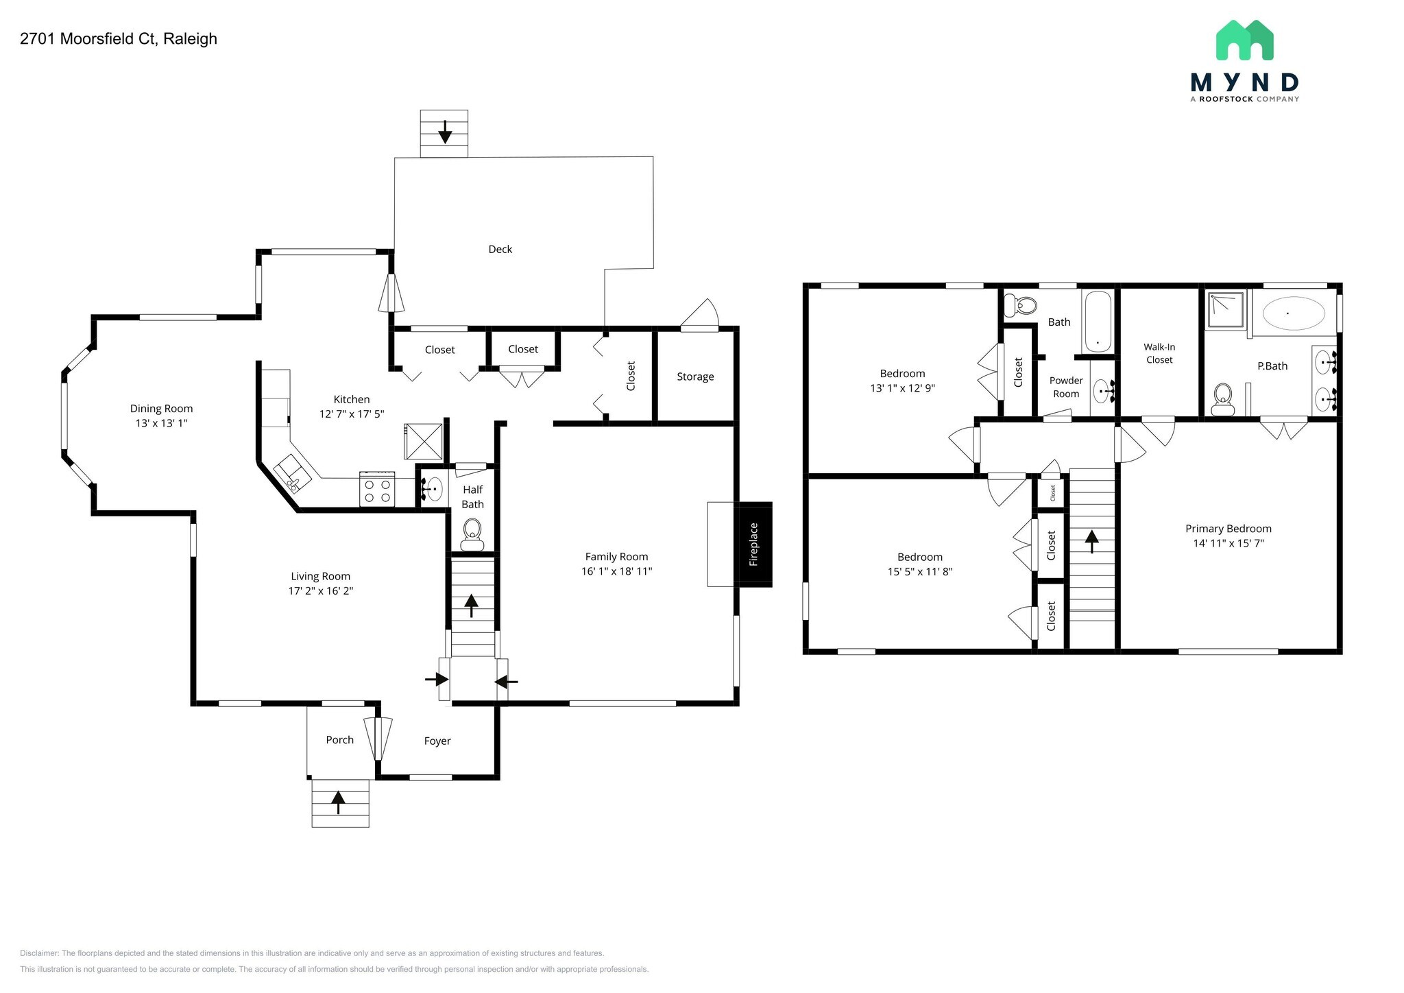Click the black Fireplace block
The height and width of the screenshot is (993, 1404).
753,545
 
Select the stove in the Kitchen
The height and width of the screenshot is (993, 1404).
377,489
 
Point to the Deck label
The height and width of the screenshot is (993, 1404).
500,250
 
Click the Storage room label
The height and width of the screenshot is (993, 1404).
695,376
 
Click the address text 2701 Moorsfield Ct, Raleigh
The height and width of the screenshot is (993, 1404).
119,39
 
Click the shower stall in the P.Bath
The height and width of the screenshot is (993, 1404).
1225,310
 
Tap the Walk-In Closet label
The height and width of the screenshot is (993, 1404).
1159,353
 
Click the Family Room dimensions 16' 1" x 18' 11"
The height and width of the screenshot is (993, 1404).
616,571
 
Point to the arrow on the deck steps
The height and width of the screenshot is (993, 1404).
445,132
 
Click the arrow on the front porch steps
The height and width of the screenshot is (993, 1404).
338,802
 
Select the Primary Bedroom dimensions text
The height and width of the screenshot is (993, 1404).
1228,543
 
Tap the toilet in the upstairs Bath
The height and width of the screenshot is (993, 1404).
1021,305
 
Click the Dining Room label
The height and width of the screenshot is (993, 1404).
161,409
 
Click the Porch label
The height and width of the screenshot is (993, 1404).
339,740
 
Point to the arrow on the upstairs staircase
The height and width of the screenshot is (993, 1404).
1091,541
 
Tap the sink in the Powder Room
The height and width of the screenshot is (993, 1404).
1102,392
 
